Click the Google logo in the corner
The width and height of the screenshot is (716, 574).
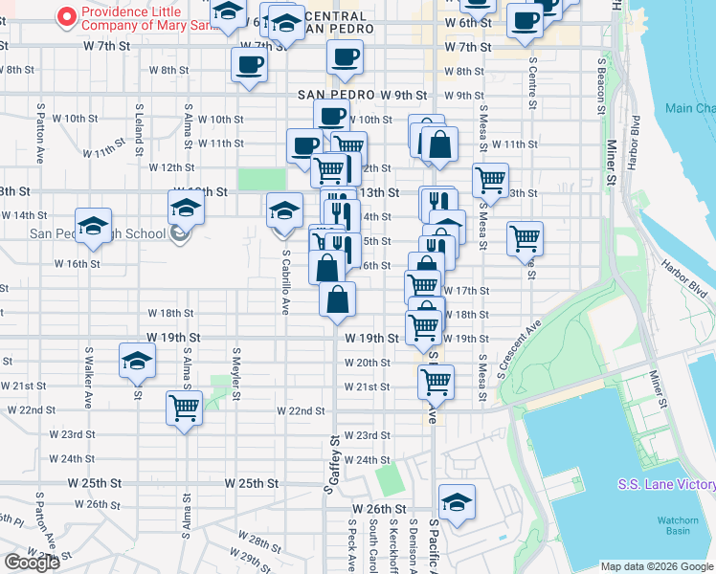[32, 562]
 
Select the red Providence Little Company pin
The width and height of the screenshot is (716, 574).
[67, 16]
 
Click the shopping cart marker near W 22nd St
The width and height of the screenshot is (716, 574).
[184, 408]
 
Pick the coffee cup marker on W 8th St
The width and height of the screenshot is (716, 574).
[249, 65]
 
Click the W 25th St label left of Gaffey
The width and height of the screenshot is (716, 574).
[253, 483]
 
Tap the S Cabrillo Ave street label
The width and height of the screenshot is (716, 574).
[285, 282]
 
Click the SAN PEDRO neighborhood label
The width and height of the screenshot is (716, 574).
[335, 95]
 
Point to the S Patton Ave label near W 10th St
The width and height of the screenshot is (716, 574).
[40, 133]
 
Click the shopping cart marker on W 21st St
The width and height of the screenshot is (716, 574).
[436, 382]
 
